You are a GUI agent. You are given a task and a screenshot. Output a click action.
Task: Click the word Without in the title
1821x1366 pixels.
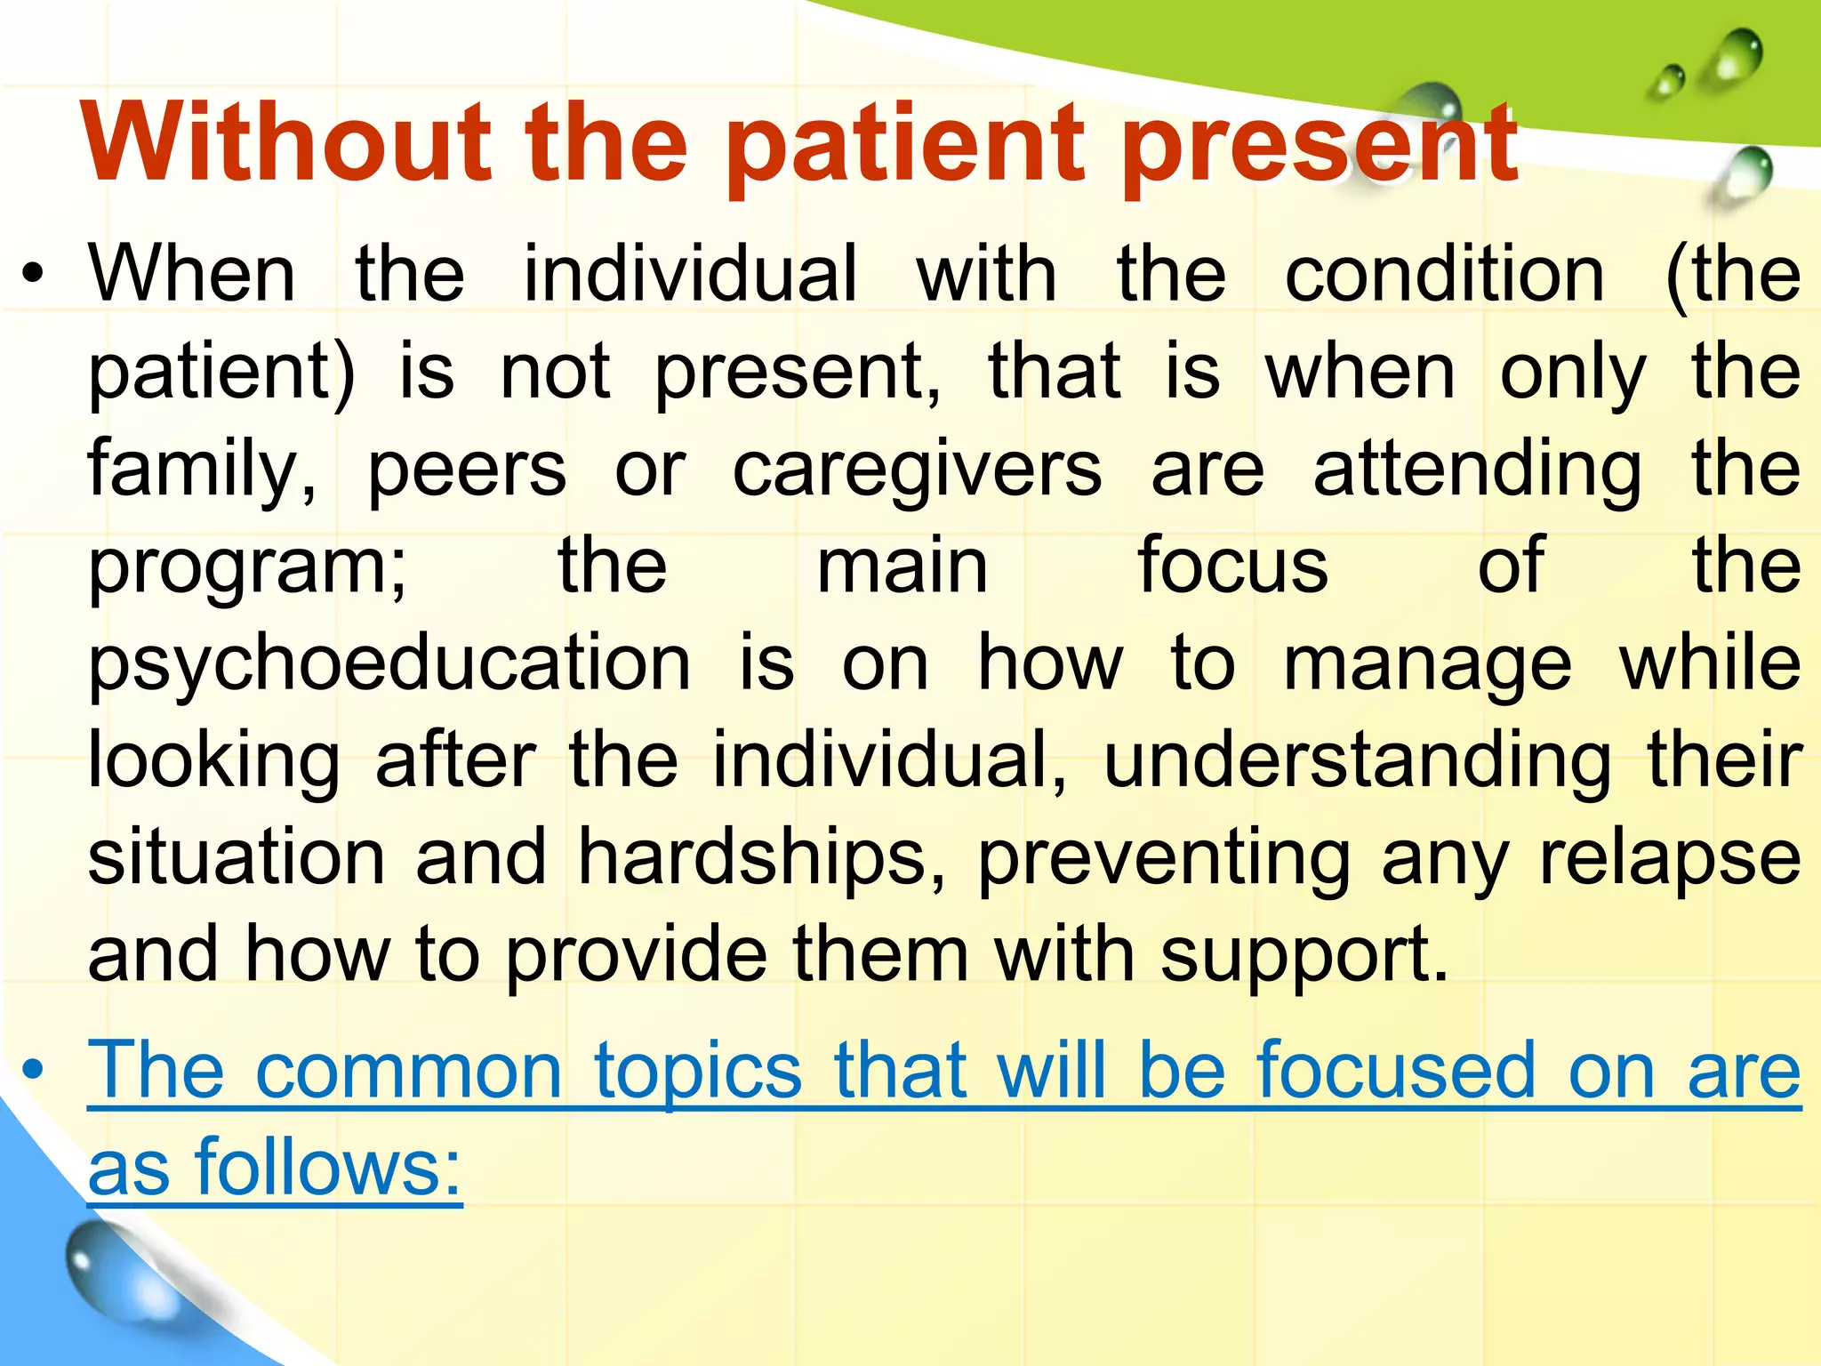[x=286, y=142]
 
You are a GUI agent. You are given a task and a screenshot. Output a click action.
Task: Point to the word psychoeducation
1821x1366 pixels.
[x=389, y=665]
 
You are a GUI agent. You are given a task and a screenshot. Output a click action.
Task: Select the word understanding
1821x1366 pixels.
[x=1357, y=761]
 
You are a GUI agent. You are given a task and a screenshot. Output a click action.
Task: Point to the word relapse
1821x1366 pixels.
[x=1670, y=859]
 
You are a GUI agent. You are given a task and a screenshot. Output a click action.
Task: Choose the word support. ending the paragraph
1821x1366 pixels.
[x=1304, y=957]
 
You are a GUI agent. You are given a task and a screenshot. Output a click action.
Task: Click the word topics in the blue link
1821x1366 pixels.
[x=698, y=1073]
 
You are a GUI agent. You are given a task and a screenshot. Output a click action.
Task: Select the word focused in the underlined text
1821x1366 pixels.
[x=1396, y=1071]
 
